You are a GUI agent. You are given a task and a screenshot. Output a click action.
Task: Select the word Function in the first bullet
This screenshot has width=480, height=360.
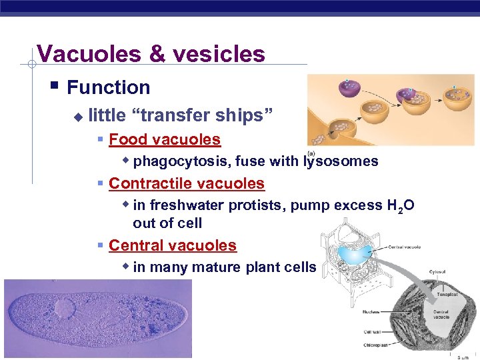(109, 87)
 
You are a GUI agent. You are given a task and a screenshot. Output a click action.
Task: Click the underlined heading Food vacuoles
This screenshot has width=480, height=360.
(164, 139)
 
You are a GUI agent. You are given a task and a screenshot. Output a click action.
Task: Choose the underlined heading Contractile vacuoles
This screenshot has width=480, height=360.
(186, 183)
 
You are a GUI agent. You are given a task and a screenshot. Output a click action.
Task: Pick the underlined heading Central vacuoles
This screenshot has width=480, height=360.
(172, 245)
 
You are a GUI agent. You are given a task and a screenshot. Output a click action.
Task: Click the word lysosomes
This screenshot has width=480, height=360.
(341, 161)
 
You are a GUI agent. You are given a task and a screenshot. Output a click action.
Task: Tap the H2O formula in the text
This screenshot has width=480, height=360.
(401, 205)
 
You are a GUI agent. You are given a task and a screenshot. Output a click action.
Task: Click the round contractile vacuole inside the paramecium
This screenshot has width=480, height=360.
(65, 308)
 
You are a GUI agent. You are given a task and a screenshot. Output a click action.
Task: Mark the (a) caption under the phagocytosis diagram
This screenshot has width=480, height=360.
(311, 153)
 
